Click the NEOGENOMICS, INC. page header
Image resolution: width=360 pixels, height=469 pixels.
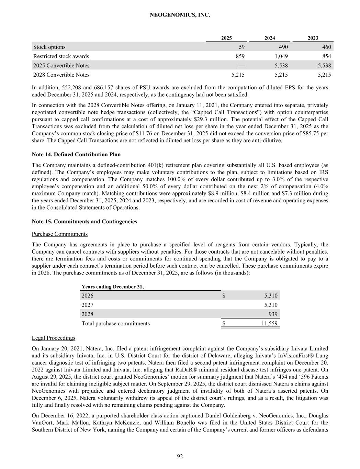(180, 15)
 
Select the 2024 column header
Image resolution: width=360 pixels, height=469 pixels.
(270, 38)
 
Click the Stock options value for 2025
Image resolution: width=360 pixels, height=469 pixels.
(241, 47)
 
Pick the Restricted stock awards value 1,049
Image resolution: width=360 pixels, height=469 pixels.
(281, 56)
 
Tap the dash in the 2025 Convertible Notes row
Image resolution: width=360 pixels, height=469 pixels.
(241, 66)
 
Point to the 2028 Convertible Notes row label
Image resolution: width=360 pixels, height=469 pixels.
(61, 75)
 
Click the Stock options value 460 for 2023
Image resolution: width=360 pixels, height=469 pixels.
(326, 47)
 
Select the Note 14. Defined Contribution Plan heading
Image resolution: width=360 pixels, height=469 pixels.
(76, 154)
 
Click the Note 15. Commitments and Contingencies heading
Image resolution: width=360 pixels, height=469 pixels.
(84, 221)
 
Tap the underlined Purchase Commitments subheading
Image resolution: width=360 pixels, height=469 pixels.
(59, 234)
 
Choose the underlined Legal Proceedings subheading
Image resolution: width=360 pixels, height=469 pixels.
(53, 338)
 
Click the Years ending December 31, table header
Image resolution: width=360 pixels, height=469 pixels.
(113, 287)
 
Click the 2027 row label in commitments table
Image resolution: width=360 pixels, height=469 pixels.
(87, 305)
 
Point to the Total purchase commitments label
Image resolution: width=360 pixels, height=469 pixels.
(115, 323)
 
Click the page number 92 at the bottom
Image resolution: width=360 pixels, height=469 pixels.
(180, 456)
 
